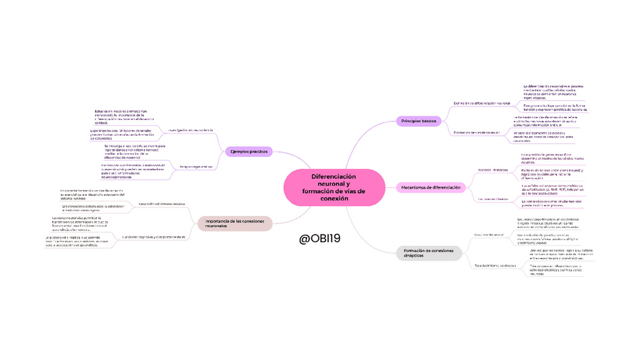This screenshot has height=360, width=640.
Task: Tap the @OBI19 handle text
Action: [320, 238]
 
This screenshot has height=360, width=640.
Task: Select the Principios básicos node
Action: [417, 121]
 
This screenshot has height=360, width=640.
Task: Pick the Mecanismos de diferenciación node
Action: [432, 186]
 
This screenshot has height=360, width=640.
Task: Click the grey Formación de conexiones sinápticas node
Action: [428, 254]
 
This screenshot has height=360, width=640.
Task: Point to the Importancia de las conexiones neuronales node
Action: [235, 223]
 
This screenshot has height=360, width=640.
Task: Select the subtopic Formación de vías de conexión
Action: [477, 132]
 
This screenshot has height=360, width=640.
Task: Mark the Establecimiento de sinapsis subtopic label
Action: [494, 266]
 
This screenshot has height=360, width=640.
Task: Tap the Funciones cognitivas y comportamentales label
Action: [154, 237]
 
